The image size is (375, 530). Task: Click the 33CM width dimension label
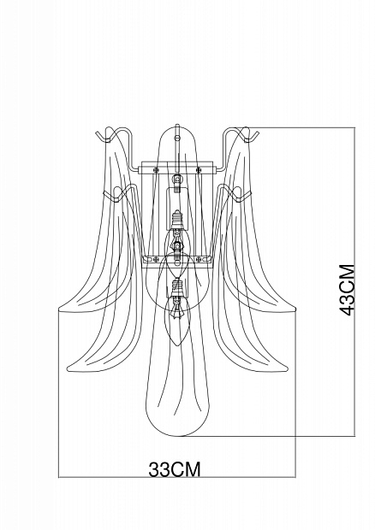tap(175, 469)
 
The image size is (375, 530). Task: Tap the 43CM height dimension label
tap(348, 290)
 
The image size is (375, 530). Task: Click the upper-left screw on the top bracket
tap(156, 169)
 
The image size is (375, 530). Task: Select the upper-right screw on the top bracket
tap(199, 169)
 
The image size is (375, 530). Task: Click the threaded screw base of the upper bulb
tap(176, 220)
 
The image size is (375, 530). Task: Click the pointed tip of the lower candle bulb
tap(176, 345)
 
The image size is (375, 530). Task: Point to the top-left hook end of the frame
tap(97, 132)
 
